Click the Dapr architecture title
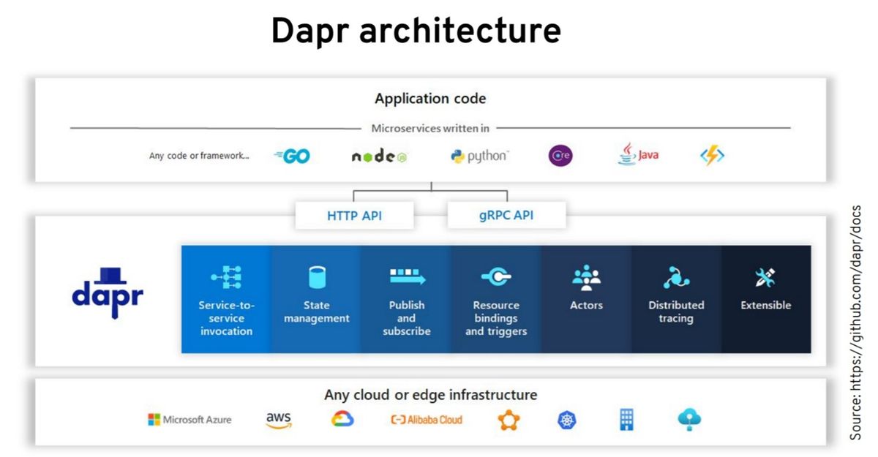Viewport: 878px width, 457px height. pos(416,31)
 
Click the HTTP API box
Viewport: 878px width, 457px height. pos(354,216)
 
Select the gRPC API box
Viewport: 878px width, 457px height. pos(506,216)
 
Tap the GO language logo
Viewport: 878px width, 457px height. pos(292,156)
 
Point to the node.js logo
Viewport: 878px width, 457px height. pos(378,156)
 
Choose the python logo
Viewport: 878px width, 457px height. pos(479,156)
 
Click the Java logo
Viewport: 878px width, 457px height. pos(638,155)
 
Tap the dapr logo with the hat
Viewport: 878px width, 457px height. pos(108,292)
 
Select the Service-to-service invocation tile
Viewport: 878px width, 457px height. pos(226,299)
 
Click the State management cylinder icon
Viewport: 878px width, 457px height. pos(317,277)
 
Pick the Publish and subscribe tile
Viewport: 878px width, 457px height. pos(406,299)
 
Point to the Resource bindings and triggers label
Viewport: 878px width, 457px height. pos(496,318)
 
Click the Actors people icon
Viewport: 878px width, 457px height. pos(586,278)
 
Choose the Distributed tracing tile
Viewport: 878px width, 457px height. pos(676,299)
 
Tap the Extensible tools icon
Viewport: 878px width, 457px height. pos(765,277)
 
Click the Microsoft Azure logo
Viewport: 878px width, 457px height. pos(190,420)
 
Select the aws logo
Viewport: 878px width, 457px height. pos(278,420)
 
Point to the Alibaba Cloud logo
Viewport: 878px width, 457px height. pos(427,420)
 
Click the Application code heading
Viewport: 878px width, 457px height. pos(430,99)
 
